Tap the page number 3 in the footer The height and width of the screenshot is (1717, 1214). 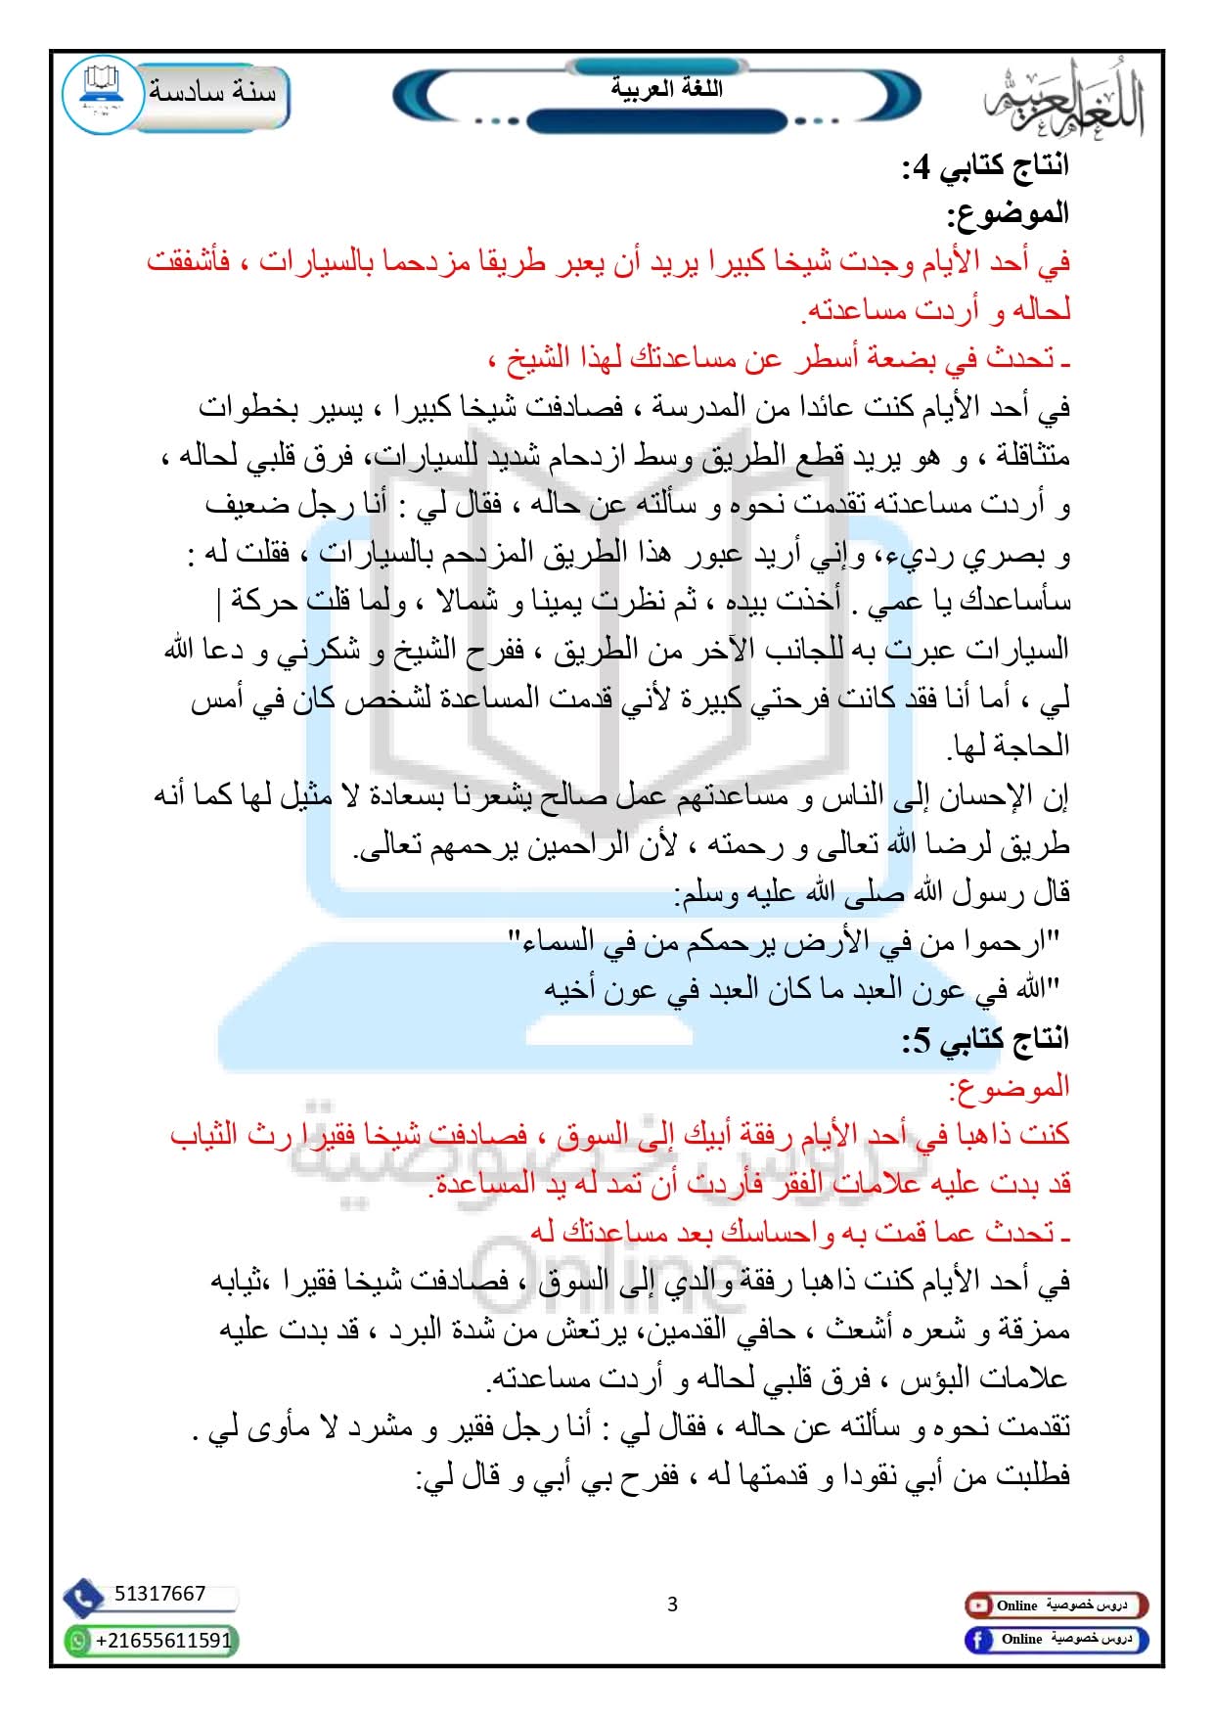[672, 1604]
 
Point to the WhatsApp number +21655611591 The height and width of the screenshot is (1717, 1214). [163, 1640]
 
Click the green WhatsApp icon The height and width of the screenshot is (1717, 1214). [77, 1641]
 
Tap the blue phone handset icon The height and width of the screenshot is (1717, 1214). [83, 1597]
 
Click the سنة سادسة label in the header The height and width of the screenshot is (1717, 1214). [212, 93]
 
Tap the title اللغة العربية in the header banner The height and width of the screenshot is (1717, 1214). [666, 89]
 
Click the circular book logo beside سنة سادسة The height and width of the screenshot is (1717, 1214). [102, 95]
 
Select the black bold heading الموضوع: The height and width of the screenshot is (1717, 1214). [1007, 214]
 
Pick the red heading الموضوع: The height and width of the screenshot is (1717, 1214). [1009, 1087]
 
